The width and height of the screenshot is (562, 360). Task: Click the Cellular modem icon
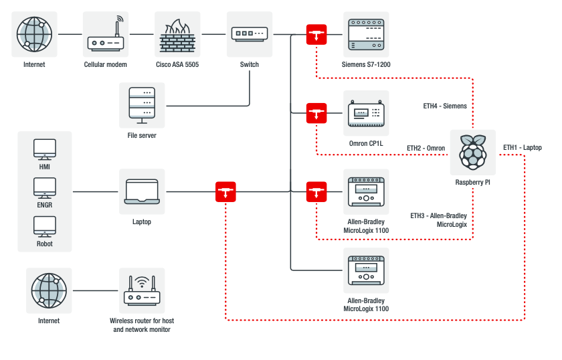pos(105,34)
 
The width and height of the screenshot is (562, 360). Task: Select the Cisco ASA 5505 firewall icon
pos(177,34)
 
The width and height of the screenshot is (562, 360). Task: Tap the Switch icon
pos(250,34)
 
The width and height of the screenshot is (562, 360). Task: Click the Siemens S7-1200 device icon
pos(365,34)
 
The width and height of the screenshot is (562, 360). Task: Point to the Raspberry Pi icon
pos(473,153)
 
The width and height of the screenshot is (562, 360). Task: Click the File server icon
pos(141,105)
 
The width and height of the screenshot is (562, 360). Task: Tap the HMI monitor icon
pos(45,149)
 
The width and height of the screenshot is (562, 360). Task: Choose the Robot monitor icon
pos(45,226)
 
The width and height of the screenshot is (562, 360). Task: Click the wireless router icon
pos(141,290)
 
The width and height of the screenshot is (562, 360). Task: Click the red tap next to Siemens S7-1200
pos(316,35)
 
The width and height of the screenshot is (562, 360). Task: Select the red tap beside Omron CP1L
pos(316,113)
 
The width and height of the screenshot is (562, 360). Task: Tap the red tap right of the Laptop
pos(225,192)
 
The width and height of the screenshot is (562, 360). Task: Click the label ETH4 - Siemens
pos(445,106)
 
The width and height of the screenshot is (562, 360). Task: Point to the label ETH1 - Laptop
pos(523,147)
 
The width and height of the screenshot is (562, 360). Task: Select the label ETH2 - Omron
pos(426,147)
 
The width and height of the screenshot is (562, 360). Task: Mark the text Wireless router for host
pos(142,321)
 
